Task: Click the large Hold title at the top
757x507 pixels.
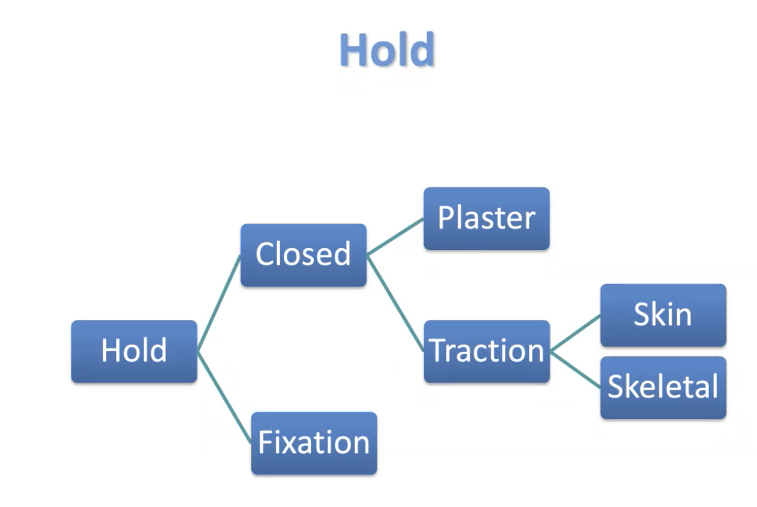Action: coord(387,50)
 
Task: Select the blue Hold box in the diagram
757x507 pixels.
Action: coord(134,351)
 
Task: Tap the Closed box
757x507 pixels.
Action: coord(304,255)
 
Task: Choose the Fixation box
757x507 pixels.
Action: coord(314,443)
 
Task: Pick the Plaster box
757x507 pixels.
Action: coord(486,218)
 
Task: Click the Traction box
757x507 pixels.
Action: coord(486,351)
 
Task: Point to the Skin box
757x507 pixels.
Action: coord(663,315)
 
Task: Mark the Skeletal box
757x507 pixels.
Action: coord(663,387)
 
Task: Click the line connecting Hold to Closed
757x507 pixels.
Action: coord(219,303)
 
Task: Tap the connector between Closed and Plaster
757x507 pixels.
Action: coord(395,237)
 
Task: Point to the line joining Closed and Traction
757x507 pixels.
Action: coord(395,303)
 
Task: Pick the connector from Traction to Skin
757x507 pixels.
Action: coord(575,333)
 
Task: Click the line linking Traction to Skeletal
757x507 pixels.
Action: coord(575,369)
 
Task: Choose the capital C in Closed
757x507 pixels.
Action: coord(265,255)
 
